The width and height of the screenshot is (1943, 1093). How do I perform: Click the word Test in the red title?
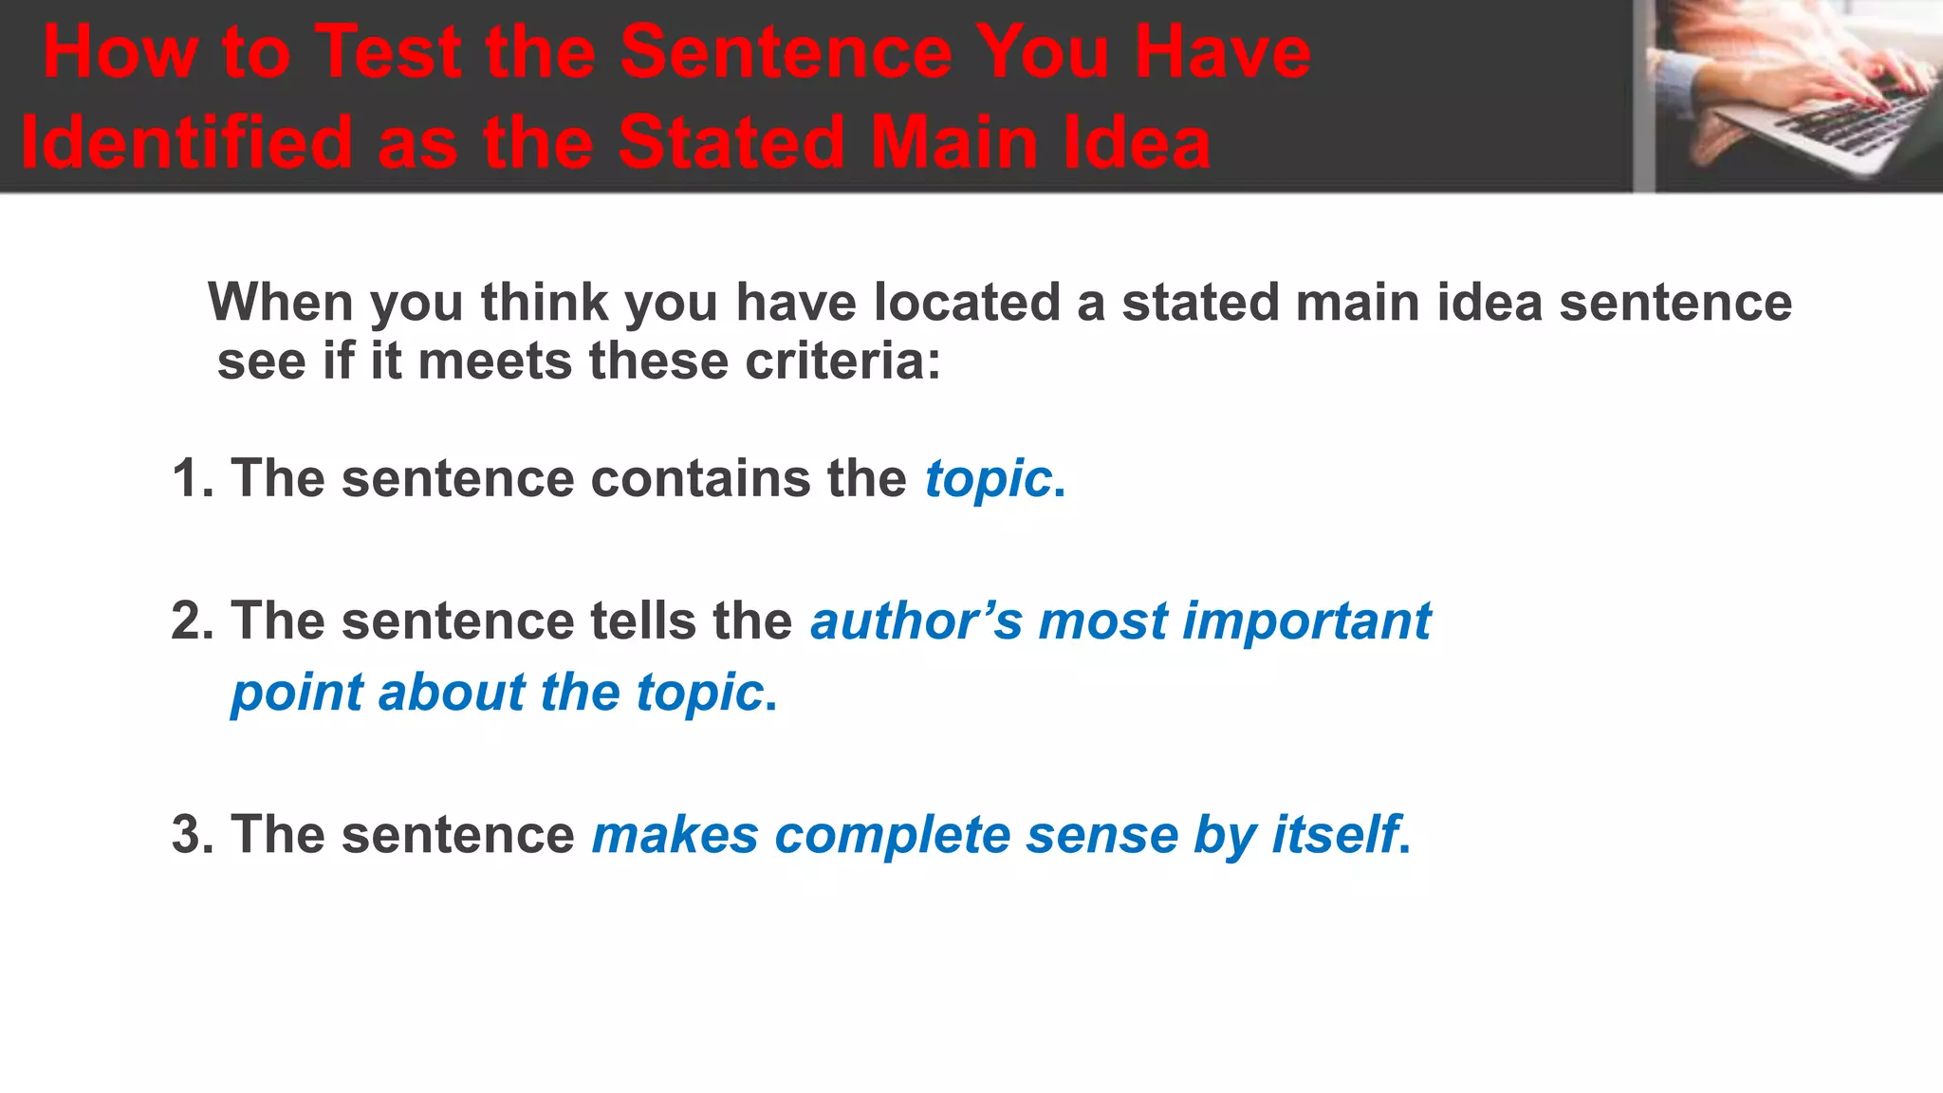388,51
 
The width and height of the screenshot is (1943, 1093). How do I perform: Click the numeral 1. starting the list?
193,478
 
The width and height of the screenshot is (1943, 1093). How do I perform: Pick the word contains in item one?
701,478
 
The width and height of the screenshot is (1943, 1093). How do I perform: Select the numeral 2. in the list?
193,621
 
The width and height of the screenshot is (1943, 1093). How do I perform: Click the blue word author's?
916,621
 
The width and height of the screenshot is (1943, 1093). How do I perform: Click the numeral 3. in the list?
193,835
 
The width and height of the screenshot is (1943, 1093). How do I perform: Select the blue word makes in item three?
675,835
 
